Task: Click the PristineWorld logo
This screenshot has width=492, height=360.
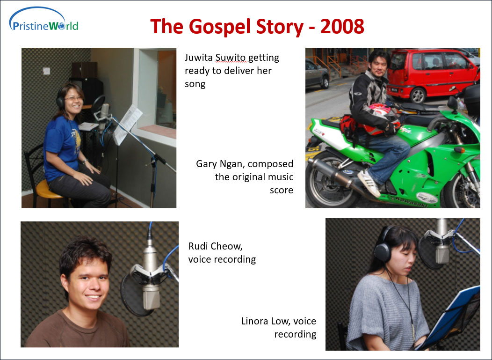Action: click(43, 20)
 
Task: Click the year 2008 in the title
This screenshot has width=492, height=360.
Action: click(342, 26)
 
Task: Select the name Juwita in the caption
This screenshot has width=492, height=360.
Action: click(199, 58)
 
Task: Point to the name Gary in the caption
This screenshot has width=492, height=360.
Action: click(207, 164)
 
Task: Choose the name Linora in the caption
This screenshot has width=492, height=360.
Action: click(254, 321)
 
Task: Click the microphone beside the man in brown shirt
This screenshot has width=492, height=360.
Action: click(151, 277)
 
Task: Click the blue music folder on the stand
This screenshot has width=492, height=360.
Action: click(452, 317)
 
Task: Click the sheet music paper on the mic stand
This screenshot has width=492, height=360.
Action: click(127, 125)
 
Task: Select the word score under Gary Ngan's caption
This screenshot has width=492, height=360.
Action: click(282, 191)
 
